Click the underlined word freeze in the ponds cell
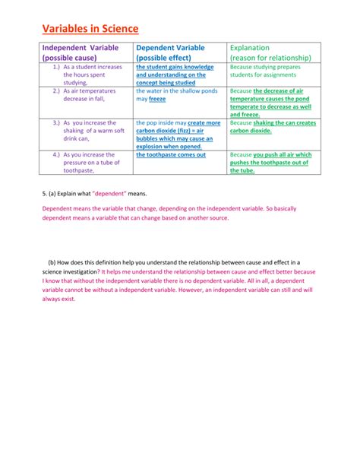tap(157, 100)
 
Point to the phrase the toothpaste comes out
tap(171, 154)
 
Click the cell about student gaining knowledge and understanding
tap(175, 74)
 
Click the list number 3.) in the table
tap(56, 122)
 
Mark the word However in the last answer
tap(182, 290)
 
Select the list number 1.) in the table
tap(56, 67)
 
